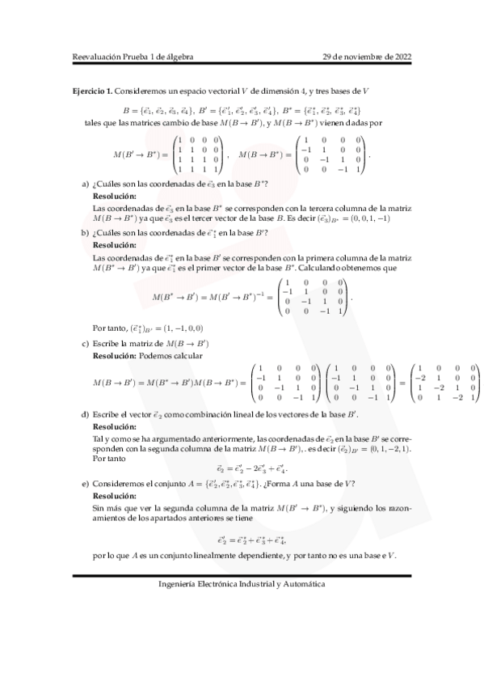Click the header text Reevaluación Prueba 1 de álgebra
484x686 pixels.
[133, 57]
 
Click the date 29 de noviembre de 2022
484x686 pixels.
[367, 57]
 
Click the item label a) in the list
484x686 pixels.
[86, 184]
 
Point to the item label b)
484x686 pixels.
[86, 233]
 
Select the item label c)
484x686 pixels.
[86, 344]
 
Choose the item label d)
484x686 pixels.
[86, 414]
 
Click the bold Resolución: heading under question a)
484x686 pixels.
[115, 196]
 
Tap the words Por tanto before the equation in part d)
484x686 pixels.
[111, 458]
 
